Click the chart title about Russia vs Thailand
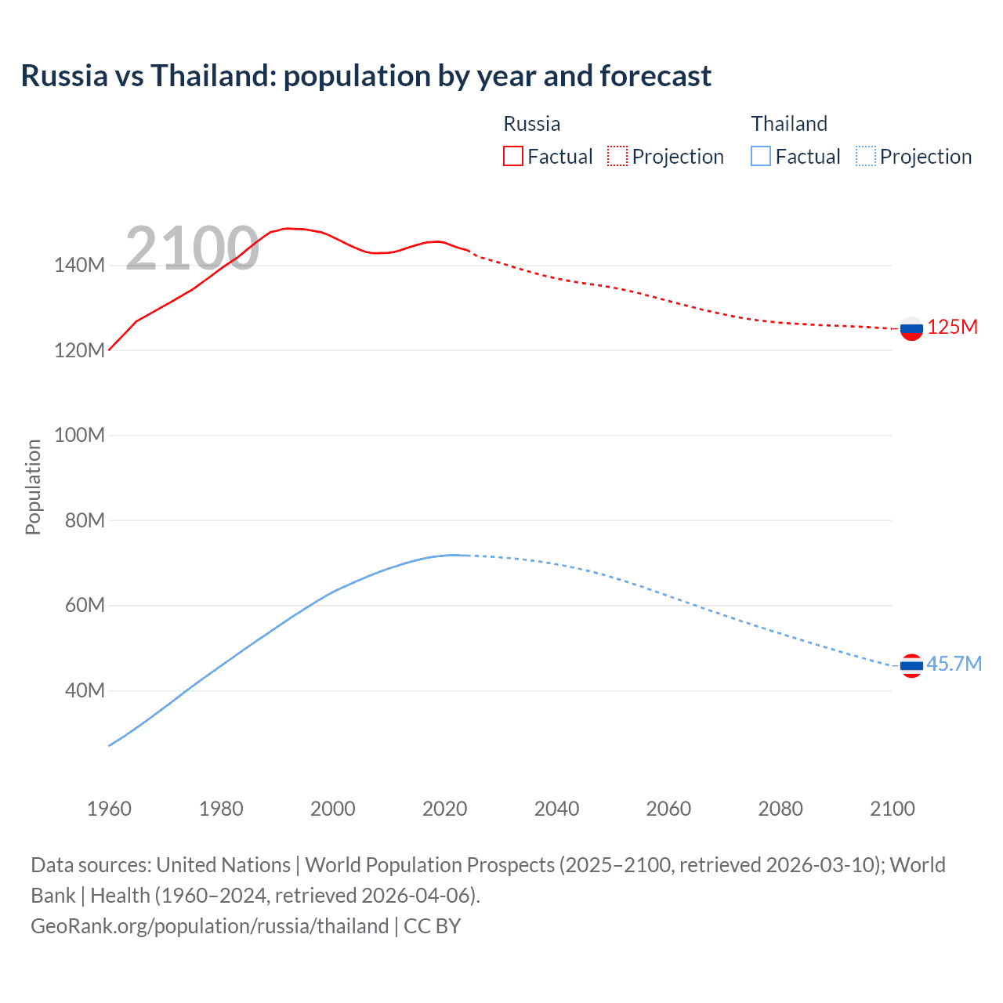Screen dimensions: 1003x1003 [366, 76]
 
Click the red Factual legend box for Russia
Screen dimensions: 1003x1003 [512, 156]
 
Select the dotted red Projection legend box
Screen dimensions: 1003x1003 [617, 156]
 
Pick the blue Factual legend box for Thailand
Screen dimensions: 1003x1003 [761, 156]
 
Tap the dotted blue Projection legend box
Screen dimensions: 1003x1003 [865, 156]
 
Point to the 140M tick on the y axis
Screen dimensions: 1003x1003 [79, 266]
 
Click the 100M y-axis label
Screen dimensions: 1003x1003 [79, 435]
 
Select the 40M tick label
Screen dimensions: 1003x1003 [85, 690]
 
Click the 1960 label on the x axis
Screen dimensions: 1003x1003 [109, 809]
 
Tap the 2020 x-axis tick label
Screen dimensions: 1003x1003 [444, 809]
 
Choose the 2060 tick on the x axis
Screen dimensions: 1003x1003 [668, 809]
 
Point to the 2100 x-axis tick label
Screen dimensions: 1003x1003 [892, 809]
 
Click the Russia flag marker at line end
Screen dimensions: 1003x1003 [911, 328]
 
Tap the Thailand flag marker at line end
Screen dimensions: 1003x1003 [911, 666]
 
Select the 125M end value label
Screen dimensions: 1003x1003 [952, 328]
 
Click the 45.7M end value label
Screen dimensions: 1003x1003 [954, 664]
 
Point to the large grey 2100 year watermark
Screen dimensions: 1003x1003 [192, 248]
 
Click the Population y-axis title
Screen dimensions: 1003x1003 [33, 487]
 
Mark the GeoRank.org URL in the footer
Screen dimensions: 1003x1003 [210, 926]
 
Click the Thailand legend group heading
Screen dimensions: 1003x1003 [789, 124]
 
